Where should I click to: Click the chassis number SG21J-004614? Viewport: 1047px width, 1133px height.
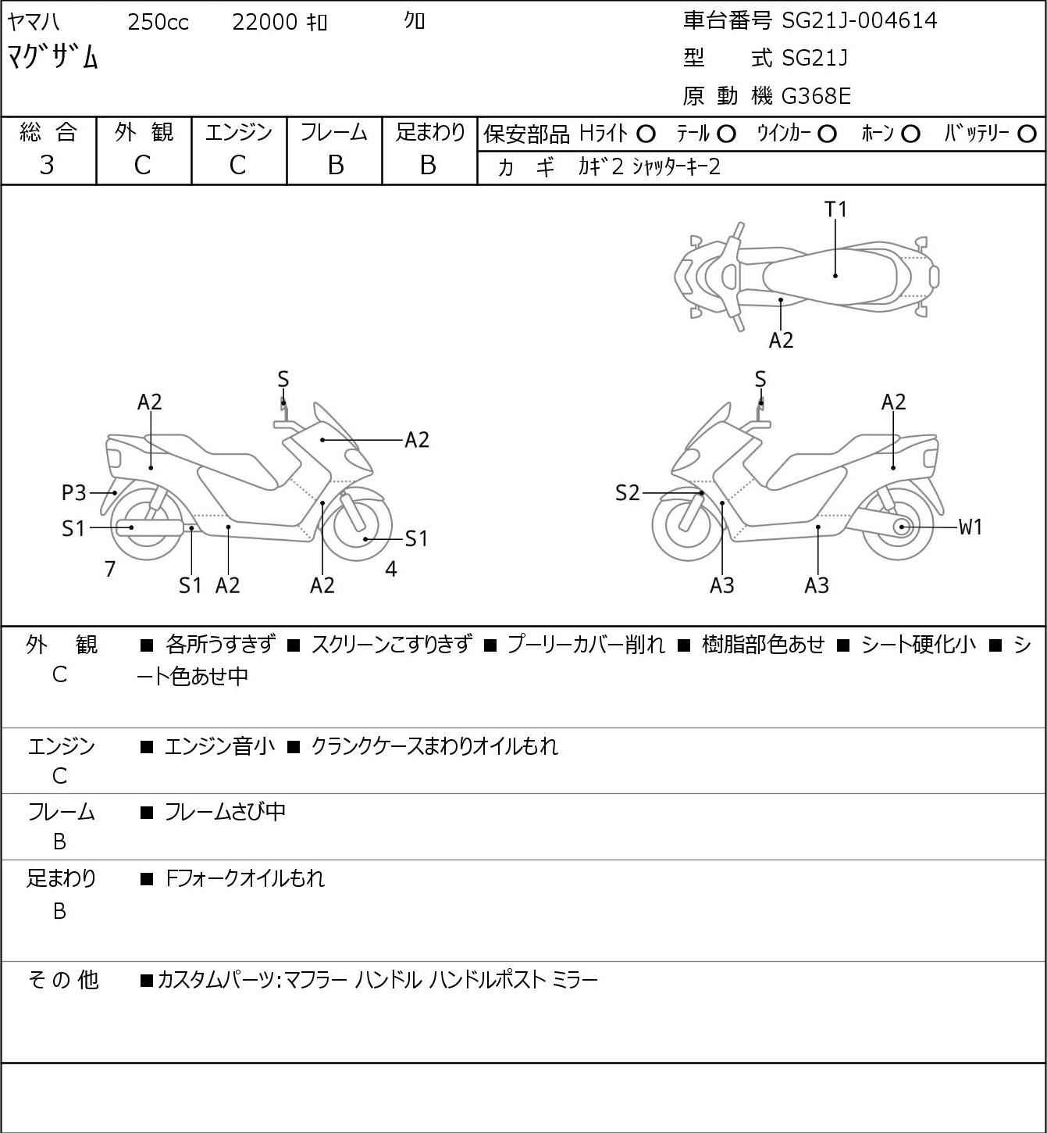point(859,21)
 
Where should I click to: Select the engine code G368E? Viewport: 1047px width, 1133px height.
point(816,96)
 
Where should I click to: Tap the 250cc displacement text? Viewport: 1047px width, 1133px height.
point(158,23)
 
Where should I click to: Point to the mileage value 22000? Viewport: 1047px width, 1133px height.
point(265,23)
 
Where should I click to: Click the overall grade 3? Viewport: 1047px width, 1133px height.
point(47,165)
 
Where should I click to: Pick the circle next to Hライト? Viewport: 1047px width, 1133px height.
point(646,134)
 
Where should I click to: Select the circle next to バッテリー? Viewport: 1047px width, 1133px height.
point(1027,134)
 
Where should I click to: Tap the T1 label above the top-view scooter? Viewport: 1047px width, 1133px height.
point(835,209)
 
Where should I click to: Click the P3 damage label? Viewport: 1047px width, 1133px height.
point(74,493)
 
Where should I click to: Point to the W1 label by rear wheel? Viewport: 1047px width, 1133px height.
point(970,527)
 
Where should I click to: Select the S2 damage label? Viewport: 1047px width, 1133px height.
point(627,493)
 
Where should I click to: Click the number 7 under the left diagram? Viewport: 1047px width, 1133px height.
point(110,570)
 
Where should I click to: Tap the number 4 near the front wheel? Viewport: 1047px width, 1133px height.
point(391,570)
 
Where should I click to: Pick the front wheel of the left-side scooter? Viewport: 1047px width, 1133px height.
point(362,525)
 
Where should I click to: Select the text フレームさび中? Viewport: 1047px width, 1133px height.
point(225,813)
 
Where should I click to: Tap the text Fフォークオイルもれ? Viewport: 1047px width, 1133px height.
point(245,879)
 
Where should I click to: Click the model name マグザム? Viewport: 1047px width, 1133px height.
point(53,57)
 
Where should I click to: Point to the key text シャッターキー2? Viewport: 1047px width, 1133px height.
point(676,167)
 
